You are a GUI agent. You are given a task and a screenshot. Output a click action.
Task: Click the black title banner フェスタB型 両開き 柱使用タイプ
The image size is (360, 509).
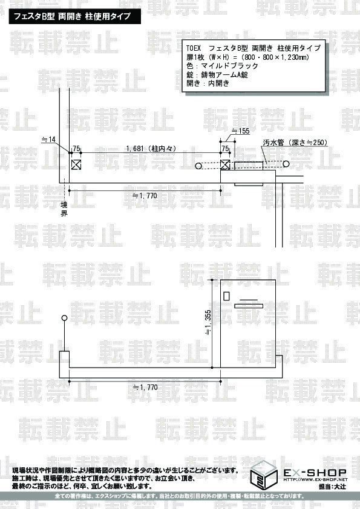[x=75, y=16]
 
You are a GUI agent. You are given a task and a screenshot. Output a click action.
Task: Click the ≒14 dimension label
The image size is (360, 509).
[x=49, y=140]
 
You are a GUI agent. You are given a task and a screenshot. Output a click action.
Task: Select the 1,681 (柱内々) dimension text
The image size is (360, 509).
[x=151, y=148]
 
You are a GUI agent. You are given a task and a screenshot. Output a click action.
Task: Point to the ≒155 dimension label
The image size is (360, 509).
[x=240, y=131]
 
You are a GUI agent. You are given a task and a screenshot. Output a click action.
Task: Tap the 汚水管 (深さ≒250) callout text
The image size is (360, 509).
[x=295, y=142]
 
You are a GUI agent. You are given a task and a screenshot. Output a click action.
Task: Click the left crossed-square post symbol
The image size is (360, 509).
[x=76, y=164]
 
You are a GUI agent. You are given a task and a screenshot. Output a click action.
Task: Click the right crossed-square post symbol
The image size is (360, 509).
[x=225, y=164]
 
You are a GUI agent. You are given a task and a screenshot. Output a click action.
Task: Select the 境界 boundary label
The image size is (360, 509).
[x=64, y=209]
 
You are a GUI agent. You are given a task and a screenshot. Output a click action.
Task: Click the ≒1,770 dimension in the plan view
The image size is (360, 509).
[x=145, y=196]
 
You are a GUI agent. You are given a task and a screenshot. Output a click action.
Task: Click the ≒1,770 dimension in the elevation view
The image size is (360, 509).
[x=145, y=387]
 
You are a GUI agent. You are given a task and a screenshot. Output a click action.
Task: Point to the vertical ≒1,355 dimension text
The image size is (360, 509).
[x=208, y=323]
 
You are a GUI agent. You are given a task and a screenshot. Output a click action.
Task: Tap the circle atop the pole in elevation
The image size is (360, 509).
[x=64, y=318]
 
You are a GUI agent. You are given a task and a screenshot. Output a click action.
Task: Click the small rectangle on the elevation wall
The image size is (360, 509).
[x=226, y=296]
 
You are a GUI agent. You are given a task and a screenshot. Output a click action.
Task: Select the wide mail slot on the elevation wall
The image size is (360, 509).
[x=249, y=306]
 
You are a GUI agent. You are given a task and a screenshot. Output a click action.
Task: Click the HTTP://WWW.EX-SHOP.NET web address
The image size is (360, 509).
[x=315, y=479]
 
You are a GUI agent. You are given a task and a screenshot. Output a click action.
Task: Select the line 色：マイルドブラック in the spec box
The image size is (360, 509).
[x=222, y=66]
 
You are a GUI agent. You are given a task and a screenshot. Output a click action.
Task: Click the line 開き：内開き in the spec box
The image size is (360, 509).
[x=208, y=83]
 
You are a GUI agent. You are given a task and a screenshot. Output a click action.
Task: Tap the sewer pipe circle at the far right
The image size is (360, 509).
[x=286, y=164]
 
